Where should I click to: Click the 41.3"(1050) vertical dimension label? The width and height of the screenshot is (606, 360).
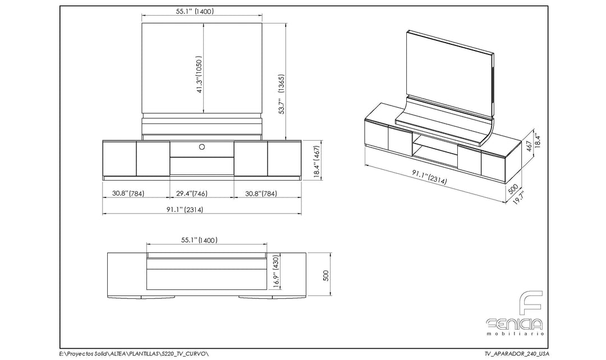tap(199, 75)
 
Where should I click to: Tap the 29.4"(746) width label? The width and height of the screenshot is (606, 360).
tap(192, 193)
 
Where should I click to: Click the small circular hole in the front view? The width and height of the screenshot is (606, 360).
tap(202, 147)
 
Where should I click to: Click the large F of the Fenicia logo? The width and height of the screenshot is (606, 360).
tap(531, 304)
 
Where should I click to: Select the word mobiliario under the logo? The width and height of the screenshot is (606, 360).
tap(516, 333)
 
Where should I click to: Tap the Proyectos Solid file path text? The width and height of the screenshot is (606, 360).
tap(134, 353)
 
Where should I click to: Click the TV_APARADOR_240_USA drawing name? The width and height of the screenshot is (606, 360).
tap(517, 353)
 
